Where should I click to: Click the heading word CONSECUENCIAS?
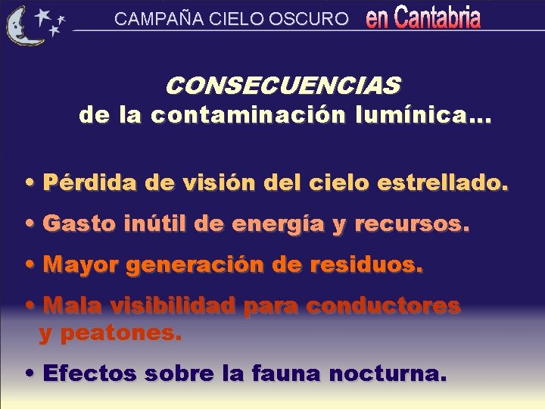pos(282,86)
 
